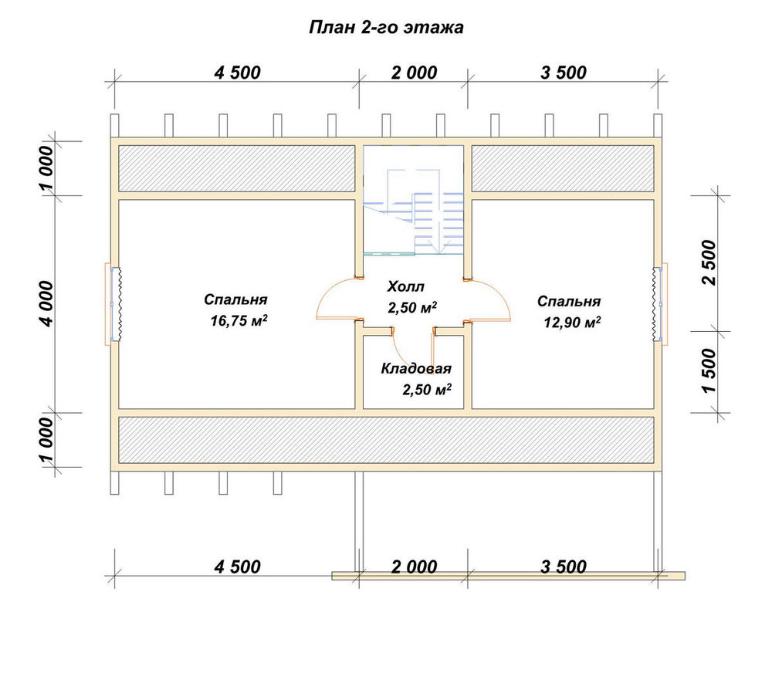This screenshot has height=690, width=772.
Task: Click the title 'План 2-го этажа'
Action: pyautogui.click(x=386, y=28)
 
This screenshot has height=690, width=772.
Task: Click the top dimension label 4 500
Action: pyautogui.click(x=237, y=73)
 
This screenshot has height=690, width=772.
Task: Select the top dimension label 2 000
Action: pyautogui.click(x=414, y=73)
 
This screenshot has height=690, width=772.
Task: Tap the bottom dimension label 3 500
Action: pyautogui.click(x=564, y=567)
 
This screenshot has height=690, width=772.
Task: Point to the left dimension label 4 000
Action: pyautogui.click(x=47, y=303)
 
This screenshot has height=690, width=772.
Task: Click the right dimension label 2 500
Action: pyautogui.click(x=709, y=262)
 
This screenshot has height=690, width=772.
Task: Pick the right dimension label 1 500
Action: pyautogui.click(x=709, y=370)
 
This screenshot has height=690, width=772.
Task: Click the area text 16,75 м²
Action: pyautogui.click(x=239, y=321)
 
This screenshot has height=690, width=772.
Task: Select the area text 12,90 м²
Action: pyautogui.click(x=572, y=323)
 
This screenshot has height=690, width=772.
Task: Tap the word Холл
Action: pyautogui.click(x=406, y=286)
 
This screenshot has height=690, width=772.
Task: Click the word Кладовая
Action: pyautogui.click(x=416, y=369)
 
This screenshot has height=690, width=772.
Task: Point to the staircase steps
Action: pyautogui.click(x=438, y=222)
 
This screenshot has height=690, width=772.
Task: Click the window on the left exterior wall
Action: pyautogui.click(x=115, y=304)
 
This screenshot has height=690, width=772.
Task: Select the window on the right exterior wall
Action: pyautogui.click(x=659, y=304)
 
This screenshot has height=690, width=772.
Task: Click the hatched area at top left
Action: pyautogui.click(x=236, y=168)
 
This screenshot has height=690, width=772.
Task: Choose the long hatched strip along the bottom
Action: pyautogui.click(x=386, y=440)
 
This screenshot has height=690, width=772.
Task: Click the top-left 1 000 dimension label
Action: pyautogui.click(x=47, y=167)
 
